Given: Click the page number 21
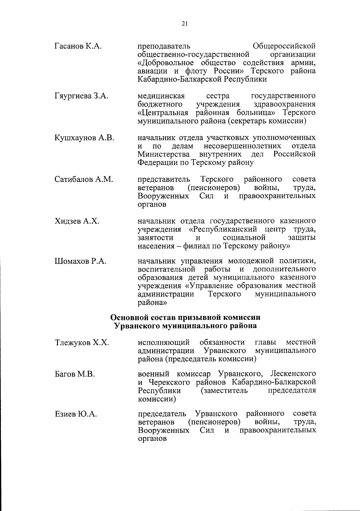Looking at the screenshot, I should [184, 24].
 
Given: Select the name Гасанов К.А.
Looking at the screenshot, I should [79, 46].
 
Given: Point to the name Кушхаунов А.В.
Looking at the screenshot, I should [84, 138].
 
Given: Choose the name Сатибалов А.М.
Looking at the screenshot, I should [84, 179].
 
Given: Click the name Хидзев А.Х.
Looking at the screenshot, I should [77, 221].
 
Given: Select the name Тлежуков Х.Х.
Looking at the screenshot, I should [82, 343].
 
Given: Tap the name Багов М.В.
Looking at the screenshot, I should [75, 374].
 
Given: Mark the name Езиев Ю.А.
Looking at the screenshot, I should [76, 414].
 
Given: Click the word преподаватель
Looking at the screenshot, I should [164, 46].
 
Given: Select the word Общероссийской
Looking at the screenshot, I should [284, 46].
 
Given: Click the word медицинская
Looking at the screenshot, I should [161, 96].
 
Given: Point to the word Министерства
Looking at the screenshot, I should [164, 154].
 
